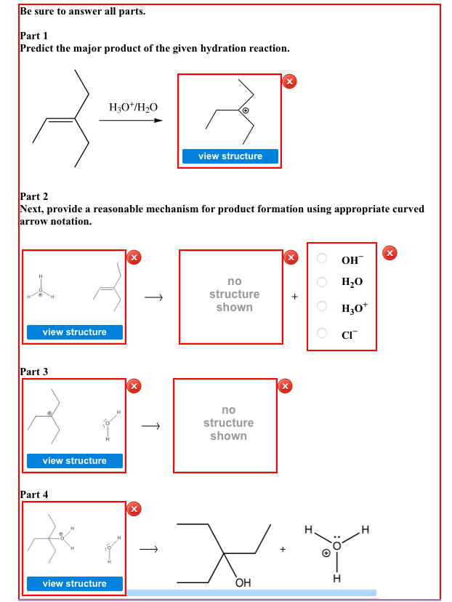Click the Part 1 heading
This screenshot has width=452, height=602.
(33, 35)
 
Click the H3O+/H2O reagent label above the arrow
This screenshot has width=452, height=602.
(133, 107)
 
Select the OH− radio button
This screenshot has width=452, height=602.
(322, 260)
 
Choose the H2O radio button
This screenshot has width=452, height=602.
(322, 282)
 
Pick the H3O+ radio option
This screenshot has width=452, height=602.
(322, 308)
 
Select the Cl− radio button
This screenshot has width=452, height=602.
(322, 333)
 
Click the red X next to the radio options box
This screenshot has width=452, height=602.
(390, 252)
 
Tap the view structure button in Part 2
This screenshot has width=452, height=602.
(74, 332)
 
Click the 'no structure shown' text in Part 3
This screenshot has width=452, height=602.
(228, 423)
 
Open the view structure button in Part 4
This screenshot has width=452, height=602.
(74, 584)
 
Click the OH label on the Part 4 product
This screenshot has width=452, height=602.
(243, 584)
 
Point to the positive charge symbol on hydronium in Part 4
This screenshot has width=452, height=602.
(326, 553)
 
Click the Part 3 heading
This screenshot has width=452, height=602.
(33, 372)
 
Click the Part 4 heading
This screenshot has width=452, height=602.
(33, 494)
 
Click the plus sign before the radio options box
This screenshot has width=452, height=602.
(294, 297)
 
